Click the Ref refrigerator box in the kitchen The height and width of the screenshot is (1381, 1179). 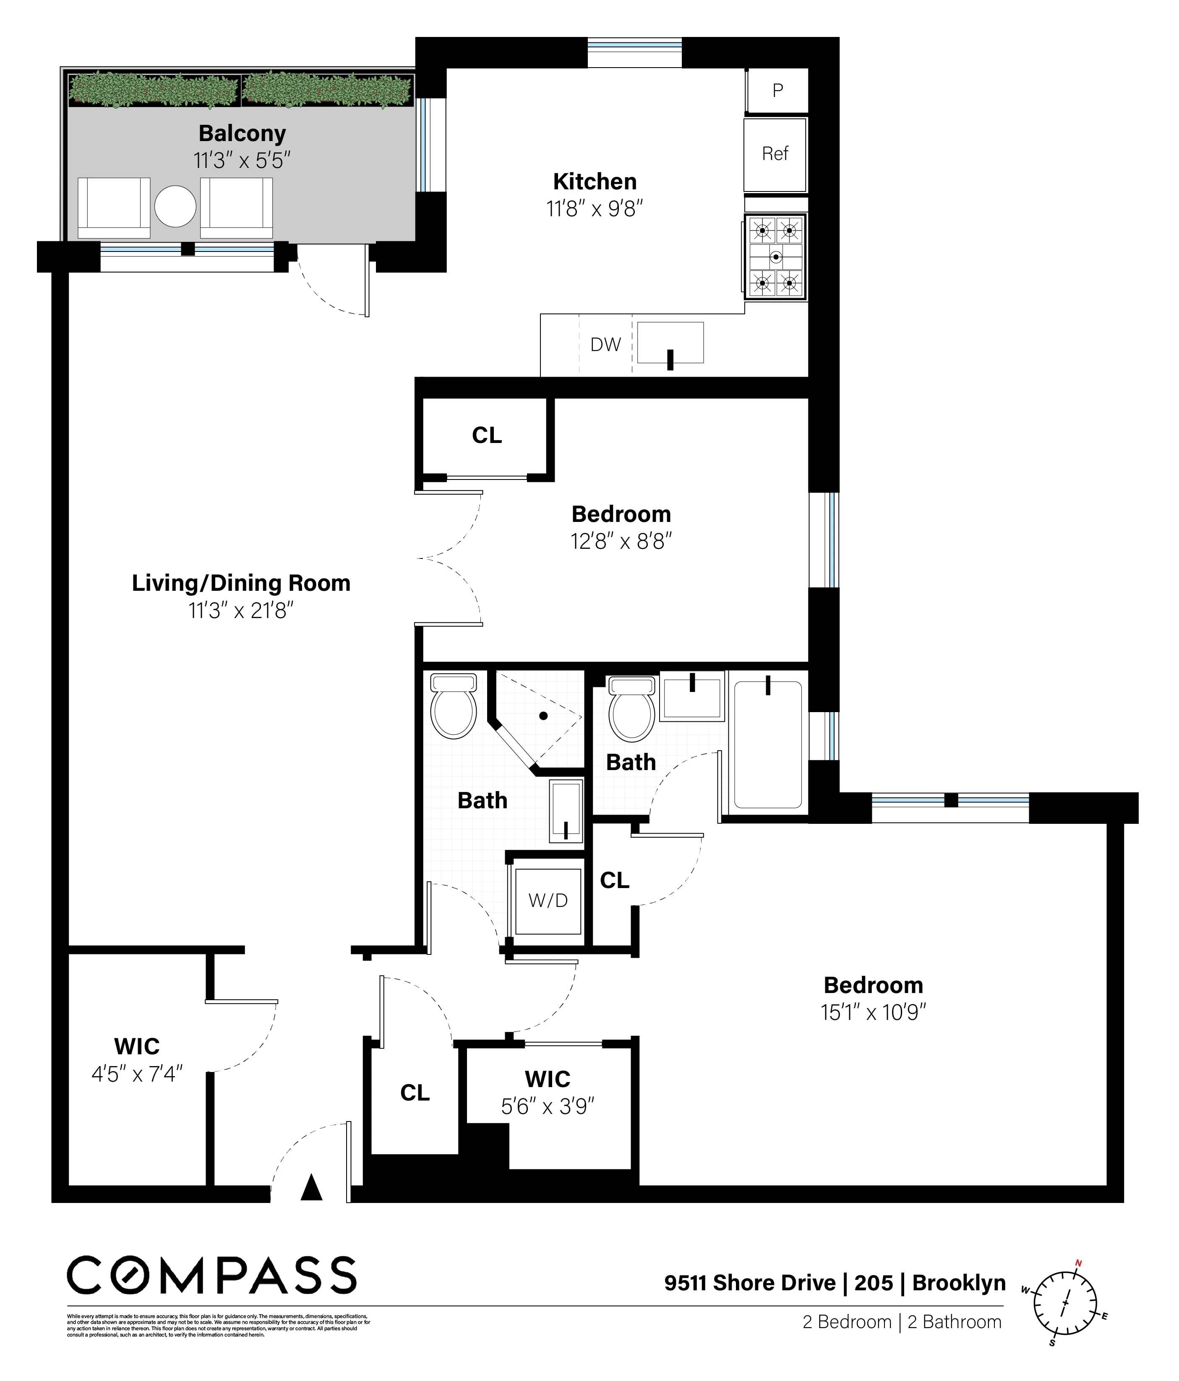point(775,155)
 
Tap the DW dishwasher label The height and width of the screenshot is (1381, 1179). point(605,345)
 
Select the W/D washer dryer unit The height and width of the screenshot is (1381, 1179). point(548,901)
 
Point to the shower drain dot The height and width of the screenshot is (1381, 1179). point(543,716)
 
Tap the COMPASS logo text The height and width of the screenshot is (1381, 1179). point(212,1276)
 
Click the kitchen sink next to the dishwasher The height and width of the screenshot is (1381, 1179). point(670,343)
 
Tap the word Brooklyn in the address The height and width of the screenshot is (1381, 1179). point(959,1283)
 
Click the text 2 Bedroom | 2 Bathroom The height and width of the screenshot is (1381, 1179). point(902,1322)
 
